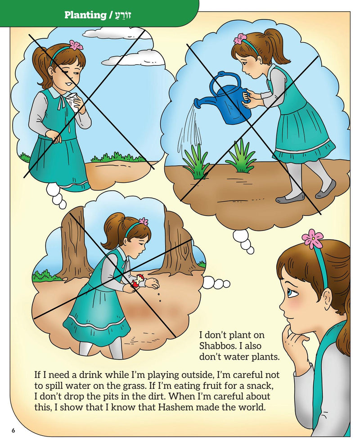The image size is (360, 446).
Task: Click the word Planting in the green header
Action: pos(85,15)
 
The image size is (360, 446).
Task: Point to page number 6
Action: pos(13,430)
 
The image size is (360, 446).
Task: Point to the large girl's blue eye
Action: pos(292,293)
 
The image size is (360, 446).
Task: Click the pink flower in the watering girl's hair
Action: pos(241,39)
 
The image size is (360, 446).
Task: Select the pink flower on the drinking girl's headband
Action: pos(76,45)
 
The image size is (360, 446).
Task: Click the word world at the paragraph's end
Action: pos(253,407)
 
